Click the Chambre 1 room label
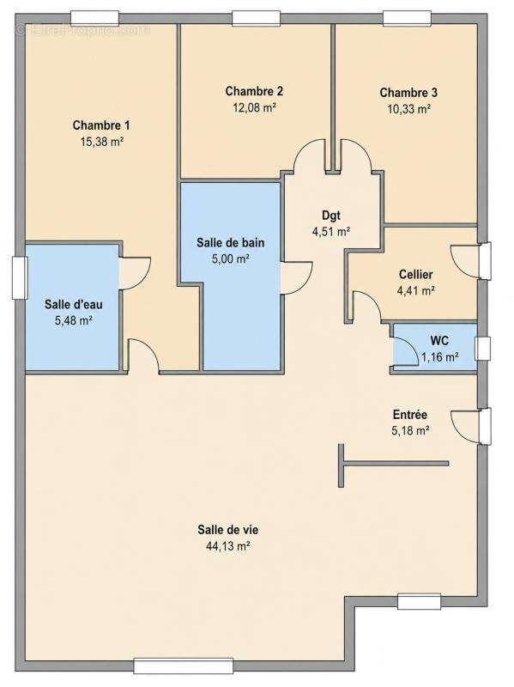point(101,125)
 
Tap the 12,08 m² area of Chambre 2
point(254,108)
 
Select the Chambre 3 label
point(408,93)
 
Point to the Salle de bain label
point(230,242)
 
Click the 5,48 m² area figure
point(73,320)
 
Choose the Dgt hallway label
point(331,216)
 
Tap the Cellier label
point(415,275)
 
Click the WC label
point(439,340)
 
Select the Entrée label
point(410,415)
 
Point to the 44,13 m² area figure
point(227,546)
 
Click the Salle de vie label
point(227,530)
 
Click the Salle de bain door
point(297,277)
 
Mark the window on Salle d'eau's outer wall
point(20,277)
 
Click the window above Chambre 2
point(256,18)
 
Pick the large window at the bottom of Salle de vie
point(184,666)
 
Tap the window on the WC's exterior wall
point(483,349)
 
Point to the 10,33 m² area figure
point(409,109)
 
